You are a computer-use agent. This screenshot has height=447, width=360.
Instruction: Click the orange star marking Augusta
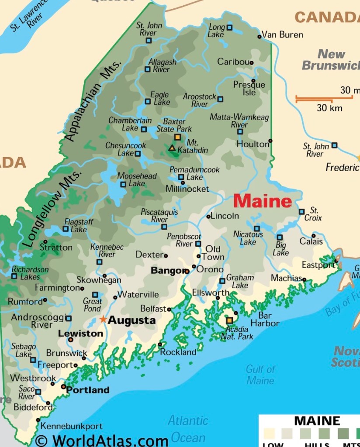(103, 320)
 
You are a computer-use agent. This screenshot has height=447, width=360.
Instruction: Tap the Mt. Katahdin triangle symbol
(172, 148)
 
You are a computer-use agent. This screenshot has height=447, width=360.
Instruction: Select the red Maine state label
(262, 201)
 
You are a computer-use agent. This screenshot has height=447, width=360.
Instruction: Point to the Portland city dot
(64, 386)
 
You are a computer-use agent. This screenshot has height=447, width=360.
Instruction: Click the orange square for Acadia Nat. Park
(229, 320)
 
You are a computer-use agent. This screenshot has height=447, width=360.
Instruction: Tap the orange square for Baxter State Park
(177, 137)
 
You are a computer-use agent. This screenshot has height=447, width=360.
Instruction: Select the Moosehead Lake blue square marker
(123, 184)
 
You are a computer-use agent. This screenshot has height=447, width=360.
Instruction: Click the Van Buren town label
(282, 34)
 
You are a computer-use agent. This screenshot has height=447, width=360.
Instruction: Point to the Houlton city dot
(270, 141)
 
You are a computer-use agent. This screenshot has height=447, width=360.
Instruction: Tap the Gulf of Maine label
(260, 375)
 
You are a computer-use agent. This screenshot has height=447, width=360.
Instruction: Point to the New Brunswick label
(330, 60)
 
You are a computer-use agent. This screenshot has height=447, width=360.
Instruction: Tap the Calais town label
(311, 241)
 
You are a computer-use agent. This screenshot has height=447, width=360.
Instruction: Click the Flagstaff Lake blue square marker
(66, 229)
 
